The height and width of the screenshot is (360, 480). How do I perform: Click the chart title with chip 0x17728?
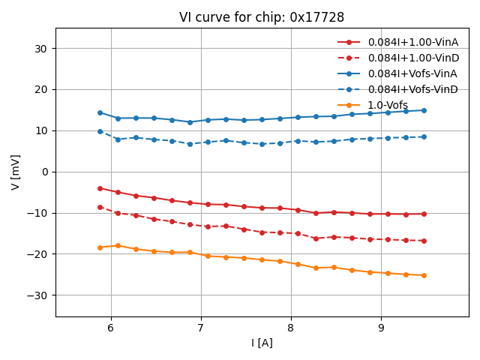[262, 17]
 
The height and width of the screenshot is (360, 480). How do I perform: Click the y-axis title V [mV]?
[16, 172]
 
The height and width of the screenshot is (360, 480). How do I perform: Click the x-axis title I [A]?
[262, 343]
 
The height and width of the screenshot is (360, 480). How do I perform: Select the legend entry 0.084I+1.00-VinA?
[412, 42]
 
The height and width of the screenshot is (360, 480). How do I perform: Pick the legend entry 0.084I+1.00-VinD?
[412, 58]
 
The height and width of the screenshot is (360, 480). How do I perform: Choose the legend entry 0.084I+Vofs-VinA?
[412, 73]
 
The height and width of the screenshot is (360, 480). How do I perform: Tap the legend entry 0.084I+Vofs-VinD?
[412, 89]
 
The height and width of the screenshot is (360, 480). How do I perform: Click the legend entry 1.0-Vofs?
[388, 105]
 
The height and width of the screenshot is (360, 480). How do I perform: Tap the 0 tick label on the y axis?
[44, 172]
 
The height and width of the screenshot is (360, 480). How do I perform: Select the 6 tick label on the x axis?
[111, 328]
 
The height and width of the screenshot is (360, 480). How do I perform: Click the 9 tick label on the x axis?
[381, 328]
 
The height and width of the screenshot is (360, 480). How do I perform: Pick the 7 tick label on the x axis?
[201, 328]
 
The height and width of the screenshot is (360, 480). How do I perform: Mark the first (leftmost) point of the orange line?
[100, 247]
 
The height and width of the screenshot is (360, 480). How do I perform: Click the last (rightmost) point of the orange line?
[424, 275]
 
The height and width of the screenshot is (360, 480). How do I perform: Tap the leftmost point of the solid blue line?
[100, 112]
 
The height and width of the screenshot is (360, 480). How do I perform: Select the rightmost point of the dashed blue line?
[424, 136]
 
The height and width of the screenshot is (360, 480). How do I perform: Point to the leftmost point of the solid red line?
[100, 188]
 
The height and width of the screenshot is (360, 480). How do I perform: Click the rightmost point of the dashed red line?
[424, 241]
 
